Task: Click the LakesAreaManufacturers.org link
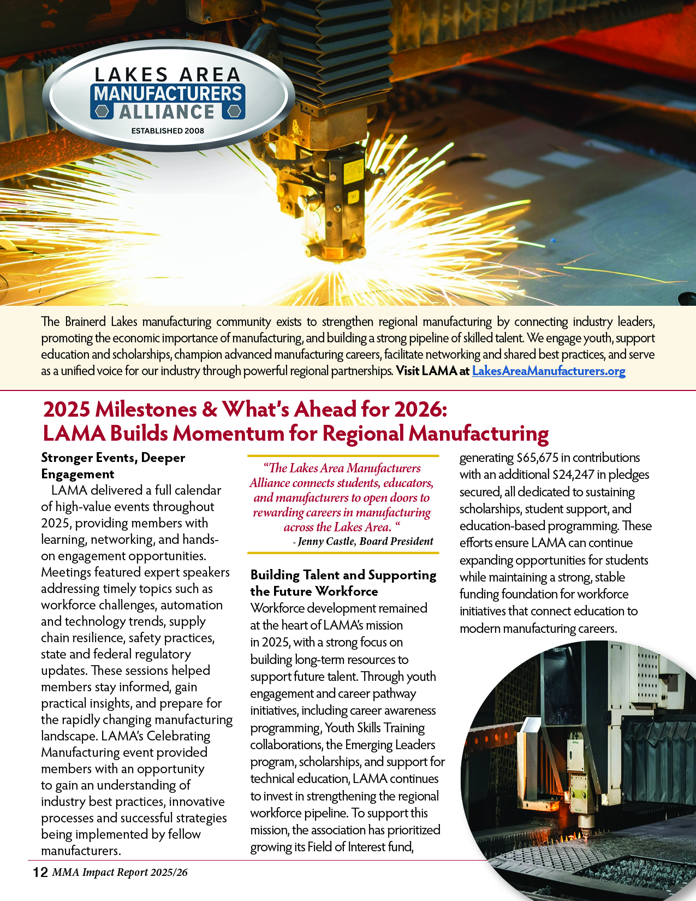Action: pyautogui.click(x=548, y=371)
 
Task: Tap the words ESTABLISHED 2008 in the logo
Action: pyautogui.click(x=168, y=131)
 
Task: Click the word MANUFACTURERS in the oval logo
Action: pyautogui.click(x=168, y=93)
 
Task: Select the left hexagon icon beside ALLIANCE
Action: pyautogui.click(x=102, y=111)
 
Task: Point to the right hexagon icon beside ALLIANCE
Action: pyautogui.click(x=234, y=111)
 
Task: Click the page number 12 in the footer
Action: pyautogui.click(x=40, y=872)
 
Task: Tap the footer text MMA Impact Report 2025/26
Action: pyautogui.click(x=120, y=872)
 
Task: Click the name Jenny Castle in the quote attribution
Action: pyautogui.click(x=325, y=541)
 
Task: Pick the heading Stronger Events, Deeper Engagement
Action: pyautogui.click(x=113, y=465)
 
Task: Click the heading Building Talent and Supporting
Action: pyautogui.click(x=343, y=575)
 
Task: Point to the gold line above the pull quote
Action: pyautogui.click(x=343, y=456)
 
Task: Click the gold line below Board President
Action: pyautogui.click(x=343, y=553)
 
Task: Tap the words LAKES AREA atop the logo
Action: pyautogui.click(x=168, y=74)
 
